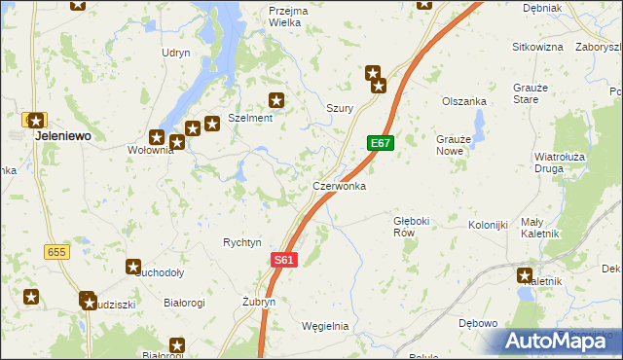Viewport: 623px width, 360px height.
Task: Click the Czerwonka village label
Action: pos(339,185)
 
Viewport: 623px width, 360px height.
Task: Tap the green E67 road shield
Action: pos(381,143)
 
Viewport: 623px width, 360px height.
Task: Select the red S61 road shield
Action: pos(283,260)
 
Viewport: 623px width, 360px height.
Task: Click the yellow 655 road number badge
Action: pos(55,252)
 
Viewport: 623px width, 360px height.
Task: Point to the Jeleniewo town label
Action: pos(63,137)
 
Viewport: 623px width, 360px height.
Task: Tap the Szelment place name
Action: pos(250,117)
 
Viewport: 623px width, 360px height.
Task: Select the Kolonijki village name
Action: pos(489,226)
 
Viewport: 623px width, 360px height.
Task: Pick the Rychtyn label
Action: pos(242,242)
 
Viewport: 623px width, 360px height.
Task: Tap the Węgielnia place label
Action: pos(325,326)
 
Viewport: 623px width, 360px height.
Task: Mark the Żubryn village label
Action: pos(259,303)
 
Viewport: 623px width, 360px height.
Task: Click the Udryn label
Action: pos(176,53)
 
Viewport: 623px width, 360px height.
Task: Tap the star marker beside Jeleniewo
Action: pos(36,122)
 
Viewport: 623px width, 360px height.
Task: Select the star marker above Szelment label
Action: pos(276,99)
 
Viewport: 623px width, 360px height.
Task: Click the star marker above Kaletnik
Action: pos(526,275)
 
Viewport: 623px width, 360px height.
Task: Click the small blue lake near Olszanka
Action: pos(479,124)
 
